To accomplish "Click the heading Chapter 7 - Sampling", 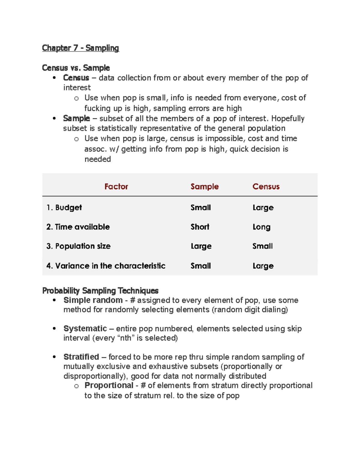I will tap(80, 48).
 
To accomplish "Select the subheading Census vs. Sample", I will tap(76, 68).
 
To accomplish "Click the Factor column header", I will tap(116, 187).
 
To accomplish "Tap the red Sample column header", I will tap(204, 187).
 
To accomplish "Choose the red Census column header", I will tap(266, 187).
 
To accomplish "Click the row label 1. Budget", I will tap(64, 208).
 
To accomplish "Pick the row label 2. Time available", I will tap(78, 227).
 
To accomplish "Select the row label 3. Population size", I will tap(78, 246).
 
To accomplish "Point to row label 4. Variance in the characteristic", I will tap(106, 266).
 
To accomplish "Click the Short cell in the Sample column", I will tap(200, 227).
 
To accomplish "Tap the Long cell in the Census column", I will tap(261, 227).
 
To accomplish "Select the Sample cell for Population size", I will tap(201, 246).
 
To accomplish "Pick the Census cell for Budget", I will tap(263, 208).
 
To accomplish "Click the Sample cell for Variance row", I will tap(201, 266).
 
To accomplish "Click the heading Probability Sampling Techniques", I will tap(100, 290).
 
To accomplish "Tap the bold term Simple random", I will tap(93, 300).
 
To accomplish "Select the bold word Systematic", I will tap(85, 329).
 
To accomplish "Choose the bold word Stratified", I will tap(81, 357).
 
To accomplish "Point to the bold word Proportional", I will tap(109, 385).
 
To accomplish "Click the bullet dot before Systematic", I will tap(54, 329).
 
